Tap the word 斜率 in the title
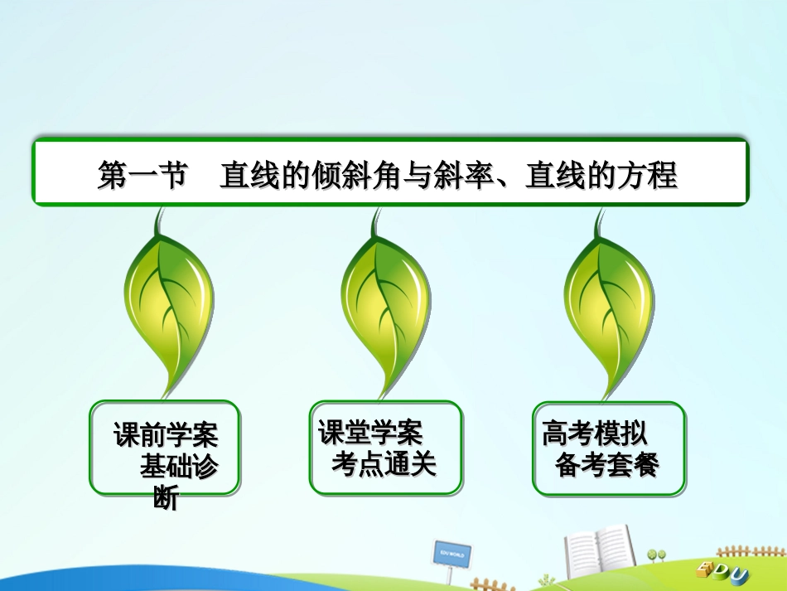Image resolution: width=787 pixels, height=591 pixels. click(462, 176)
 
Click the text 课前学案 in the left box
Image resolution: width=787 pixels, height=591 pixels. click(166, 434)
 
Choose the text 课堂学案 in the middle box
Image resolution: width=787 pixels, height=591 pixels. click(370, 432)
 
